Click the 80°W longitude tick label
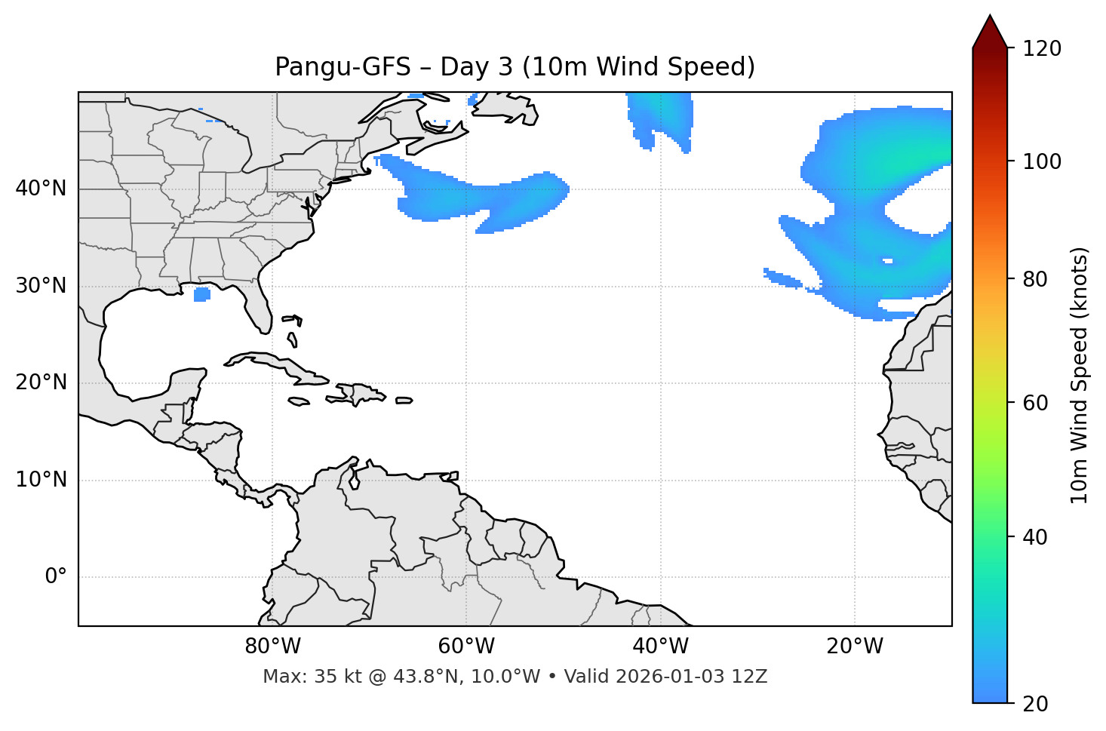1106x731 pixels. pos(272,647)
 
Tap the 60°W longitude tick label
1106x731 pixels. pos(466,647)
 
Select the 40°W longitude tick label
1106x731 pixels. pos(660,647)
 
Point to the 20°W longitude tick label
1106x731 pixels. pos(854,647)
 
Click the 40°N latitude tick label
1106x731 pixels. pos(41,189)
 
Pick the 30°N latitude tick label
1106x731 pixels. pos(41,286)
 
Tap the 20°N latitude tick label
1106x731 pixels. pos(41,382)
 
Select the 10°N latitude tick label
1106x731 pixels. pos(41,480)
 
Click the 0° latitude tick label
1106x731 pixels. pos(56,577)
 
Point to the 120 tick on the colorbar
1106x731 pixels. pos(1042,49)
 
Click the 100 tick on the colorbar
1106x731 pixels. pos(1042,161)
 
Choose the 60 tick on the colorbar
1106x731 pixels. pos(1037,403)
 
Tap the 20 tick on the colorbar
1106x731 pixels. pos(1037,704)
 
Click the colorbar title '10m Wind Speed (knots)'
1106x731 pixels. pos(1080,376)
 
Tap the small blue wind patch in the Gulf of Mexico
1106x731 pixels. pos(201,295)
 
